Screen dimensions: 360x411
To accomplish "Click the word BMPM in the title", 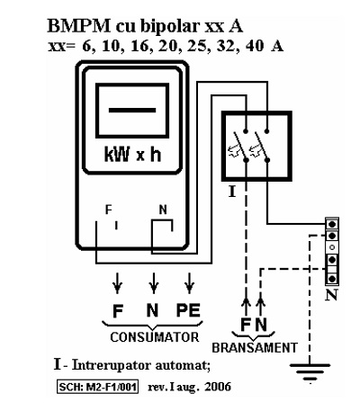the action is coord(79,26).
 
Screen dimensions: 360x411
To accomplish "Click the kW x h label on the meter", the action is coord(132,155).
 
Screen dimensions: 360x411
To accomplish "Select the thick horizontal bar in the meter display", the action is coord(132,110).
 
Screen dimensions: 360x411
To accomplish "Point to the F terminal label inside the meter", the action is coord(109,210).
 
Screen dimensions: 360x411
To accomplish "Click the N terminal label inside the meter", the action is coord(163,210).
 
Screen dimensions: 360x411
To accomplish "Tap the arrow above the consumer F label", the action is coord(117,283).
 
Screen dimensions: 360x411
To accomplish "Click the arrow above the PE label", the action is coord(189,283).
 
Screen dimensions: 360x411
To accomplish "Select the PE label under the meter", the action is coord(188,310).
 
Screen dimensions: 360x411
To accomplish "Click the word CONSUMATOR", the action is coord(155,337).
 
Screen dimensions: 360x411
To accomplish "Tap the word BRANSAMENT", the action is coord(255,348).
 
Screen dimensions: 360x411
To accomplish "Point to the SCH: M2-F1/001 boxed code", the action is coord(98,387).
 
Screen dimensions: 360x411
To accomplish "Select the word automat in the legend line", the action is coord(183,365).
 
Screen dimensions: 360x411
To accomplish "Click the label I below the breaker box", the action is coord(232,192).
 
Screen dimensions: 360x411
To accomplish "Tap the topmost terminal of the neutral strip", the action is coord(332,224).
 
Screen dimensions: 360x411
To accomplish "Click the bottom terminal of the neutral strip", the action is coord(332,279).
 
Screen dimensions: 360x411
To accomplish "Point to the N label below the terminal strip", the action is coord(331,295).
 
